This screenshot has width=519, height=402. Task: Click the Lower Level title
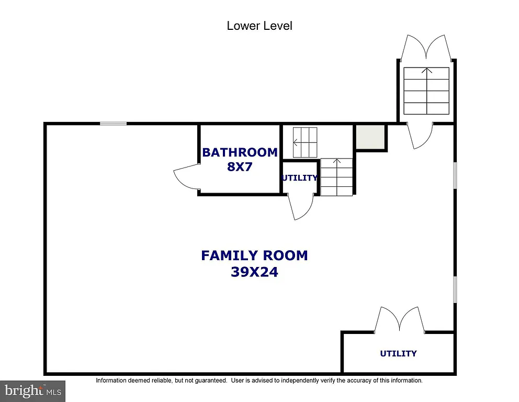point(259,26)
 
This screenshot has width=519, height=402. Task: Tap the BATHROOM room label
point(240,152)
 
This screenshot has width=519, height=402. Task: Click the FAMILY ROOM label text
point(254,255)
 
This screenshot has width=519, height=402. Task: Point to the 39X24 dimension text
point(254,272)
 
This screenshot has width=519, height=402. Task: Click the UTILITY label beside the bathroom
point(299,178)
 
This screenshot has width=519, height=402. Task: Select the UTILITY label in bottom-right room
point(398,354)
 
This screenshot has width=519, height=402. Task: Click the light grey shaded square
point(370,138)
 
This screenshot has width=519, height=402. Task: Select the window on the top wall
point(114,124)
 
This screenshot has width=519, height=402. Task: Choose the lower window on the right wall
point(455,289)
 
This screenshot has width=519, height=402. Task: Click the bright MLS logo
point(32,390)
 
